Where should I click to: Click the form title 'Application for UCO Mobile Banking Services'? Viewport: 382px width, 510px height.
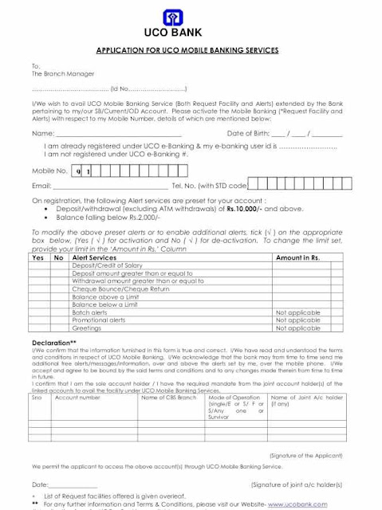point(187,50)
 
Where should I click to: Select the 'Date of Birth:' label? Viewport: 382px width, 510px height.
point(251,133)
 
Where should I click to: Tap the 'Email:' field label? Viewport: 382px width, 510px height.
point(41,186)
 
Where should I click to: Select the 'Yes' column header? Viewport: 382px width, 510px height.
point(37,258)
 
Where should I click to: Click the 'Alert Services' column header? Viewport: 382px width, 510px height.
point(94,258)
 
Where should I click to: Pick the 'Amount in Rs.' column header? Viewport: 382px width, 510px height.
point(297,258)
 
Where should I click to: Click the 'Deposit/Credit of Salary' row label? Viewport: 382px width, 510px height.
point(108,265)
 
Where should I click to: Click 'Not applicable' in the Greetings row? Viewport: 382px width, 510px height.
point(297,328)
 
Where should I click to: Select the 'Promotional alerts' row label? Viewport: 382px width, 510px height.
point(99,320)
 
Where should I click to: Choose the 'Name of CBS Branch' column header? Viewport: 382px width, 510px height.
point(169,397)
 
